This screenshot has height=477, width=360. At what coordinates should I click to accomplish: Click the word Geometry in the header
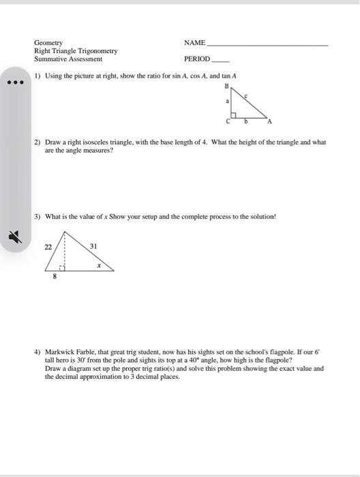[48, 42]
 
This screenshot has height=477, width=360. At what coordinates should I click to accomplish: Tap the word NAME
[195, 42]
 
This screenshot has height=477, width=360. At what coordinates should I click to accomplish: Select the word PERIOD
[197, 59]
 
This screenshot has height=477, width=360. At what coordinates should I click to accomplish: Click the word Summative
[53, 59]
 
